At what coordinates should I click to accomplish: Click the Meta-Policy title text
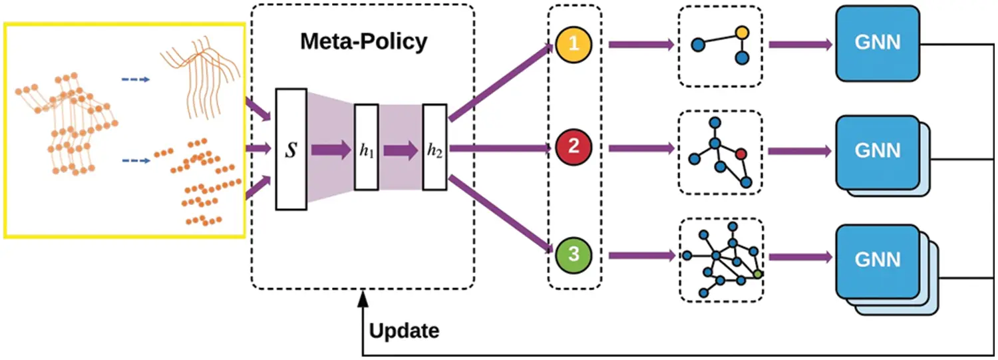tap(363, 41)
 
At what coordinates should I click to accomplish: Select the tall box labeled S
tap(291, 149)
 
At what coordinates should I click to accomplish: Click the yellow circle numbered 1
tap(574, 45)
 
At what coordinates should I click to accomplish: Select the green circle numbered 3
tap(574, 255)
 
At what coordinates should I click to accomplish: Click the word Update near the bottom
tap(404, 330)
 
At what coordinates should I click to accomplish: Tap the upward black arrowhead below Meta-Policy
tap(362, 301)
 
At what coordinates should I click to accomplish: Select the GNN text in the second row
tap(877, 150)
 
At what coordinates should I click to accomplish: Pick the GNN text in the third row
tap(877, 259)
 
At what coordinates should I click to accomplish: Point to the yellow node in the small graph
tap(743, 32)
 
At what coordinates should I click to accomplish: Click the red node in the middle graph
tap(741, 154)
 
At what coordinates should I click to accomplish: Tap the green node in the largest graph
tap(757, 273)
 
